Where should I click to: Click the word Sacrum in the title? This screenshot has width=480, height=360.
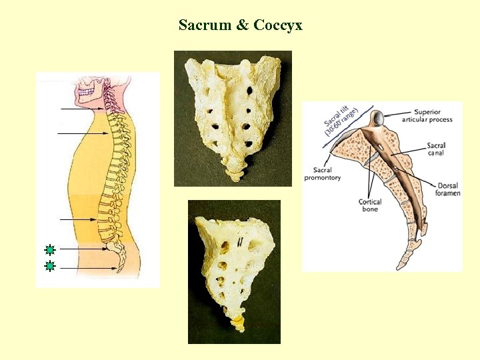pos(203,25)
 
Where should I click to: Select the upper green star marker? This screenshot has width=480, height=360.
pos(49,251)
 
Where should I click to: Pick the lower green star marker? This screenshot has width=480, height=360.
pos(49,267)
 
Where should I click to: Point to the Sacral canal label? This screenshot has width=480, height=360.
pos(436,149)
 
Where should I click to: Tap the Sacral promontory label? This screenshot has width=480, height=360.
pos(323,174)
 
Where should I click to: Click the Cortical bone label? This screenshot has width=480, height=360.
pos(369,205)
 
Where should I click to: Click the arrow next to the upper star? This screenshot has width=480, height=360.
pos(83,249)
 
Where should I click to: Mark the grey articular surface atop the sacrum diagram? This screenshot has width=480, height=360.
pos(377,118)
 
